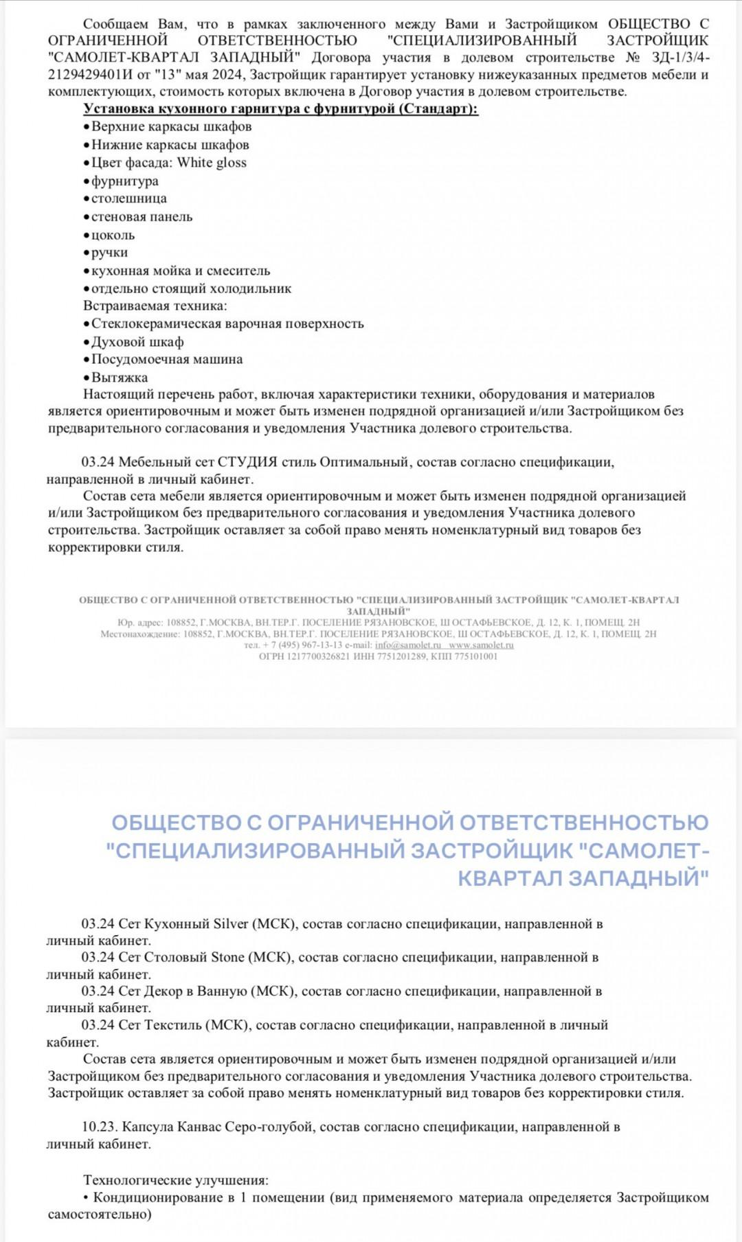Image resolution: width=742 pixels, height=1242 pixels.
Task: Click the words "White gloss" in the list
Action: coord(212,163)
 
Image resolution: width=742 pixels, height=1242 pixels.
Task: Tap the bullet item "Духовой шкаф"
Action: coord(137,342)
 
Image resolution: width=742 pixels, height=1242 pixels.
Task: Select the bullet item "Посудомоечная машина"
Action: coord(167,360)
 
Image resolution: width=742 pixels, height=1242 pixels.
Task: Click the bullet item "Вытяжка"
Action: coord(120,378)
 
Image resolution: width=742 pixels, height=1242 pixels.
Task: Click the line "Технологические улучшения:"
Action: coord(176,1181)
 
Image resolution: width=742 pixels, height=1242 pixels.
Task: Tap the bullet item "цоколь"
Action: coord(113,235)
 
